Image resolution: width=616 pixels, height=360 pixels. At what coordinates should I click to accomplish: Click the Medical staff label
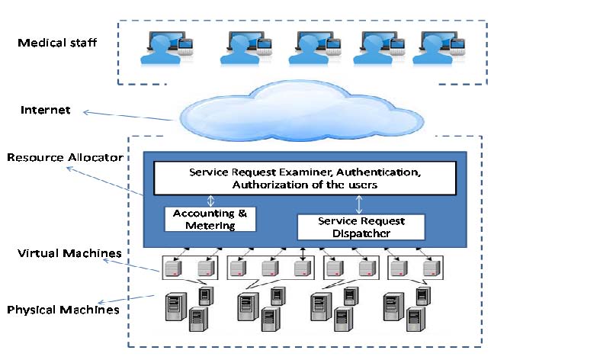click(x=57, y=43)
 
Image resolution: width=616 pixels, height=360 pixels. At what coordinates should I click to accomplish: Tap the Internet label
click(x=46, y=111)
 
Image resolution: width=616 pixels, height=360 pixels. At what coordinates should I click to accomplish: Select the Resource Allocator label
click(x=65, y=158)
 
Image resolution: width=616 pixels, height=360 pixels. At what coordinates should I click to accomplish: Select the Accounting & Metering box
click(x=210, y=219)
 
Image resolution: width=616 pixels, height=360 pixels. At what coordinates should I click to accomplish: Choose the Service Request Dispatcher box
click(x=361, y=227)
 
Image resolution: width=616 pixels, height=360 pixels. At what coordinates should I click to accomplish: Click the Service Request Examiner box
click(x=305, y=178)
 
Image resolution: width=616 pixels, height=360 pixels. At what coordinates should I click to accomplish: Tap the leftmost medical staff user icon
click(x=163, y=48)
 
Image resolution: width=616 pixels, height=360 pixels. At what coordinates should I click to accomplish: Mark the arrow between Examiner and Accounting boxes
click(x=211, y=201)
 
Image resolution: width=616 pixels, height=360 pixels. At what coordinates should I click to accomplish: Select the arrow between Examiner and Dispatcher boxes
click(x=359, y=204)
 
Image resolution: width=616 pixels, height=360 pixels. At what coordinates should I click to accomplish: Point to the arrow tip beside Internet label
click(x=85, y=113)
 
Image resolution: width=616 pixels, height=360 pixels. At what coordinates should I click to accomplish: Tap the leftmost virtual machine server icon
click(x=175, y=267)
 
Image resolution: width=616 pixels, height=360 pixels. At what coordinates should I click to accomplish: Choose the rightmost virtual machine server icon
click(x=432, y=267)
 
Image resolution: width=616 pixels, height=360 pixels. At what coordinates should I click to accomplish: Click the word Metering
click(x=210, y=225)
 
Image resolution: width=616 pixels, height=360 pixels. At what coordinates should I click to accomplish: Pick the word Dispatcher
click(x=361, y=233)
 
